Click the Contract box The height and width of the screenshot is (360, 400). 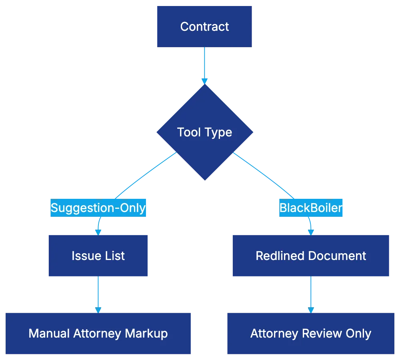click(204, 26)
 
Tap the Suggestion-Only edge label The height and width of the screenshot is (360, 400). click(98, 208)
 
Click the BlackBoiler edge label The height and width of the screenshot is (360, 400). click(311, 208)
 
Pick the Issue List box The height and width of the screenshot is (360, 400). click(98, 256)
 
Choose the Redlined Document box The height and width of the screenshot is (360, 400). click(310, 256)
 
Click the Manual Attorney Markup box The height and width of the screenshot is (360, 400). click(98, 333)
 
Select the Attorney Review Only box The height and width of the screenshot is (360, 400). click(310, 333)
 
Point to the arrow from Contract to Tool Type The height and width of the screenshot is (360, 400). click(204, 64)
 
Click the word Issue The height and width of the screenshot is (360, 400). click(82, 256)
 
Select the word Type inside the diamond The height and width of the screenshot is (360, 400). click(218, 132)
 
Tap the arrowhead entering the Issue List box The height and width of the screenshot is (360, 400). click(98, 231)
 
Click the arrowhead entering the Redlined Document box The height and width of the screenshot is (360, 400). click(311, 231)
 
